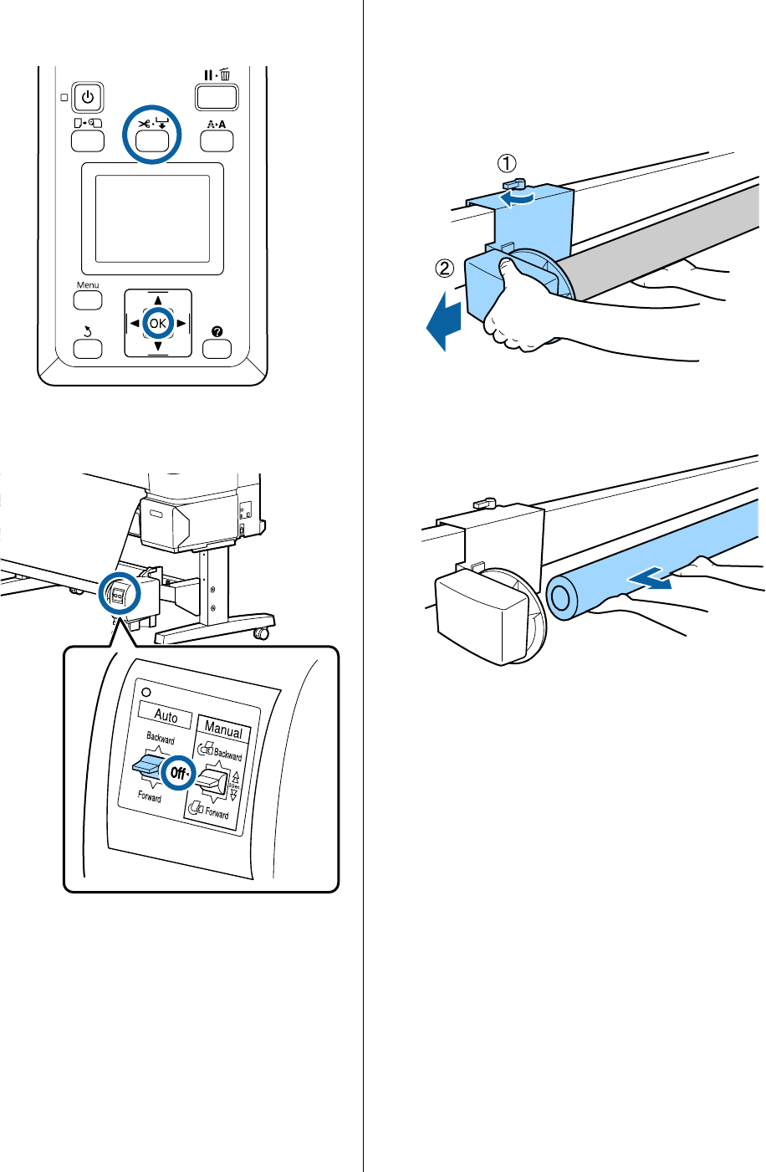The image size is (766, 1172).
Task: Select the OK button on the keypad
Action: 157,323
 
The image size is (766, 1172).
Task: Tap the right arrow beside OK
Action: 181,323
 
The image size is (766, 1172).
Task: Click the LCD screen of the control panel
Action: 152,219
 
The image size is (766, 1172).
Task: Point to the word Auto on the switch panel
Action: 166,716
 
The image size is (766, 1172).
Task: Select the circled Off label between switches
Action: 178,774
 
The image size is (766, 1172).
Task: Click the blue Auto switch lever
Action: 146,765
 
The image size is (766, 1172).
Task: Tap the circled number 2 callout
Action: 445,269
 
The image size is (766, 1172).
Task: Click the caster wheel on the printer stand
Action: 264,634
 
